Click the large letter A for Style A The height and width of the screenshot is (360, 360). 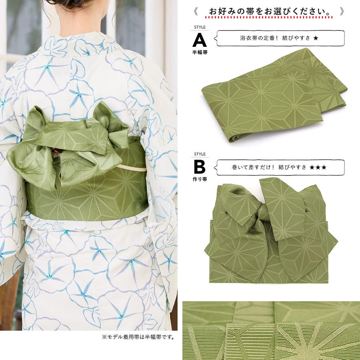pos(200,40)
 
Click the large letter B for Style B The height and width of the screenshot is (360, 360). pos(200,167)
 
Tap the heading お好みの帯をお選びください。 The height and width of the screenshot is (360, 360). pos(269,11)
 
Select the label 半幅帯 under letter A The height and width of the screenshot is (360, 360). pos(200,52)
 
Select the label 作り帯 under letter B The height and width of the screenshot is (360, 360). pos(200,179)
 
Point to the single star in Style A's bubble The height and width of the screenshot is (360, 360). pos(316,38)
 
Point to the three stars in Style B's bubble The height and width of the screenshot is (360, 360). pos(318,167)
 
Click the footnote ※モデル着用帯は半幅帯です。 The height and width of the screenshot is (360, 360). pos(138,337)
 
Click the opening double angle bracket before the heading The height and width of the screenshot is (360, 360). pos(195,11)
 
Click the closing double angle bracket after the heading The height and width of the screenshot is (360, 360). pos(342,11)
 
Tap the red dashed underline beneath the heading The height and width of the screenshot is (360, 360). pos(269,18)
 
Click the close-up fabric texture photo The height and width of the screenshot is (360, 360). pos(271,330)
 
